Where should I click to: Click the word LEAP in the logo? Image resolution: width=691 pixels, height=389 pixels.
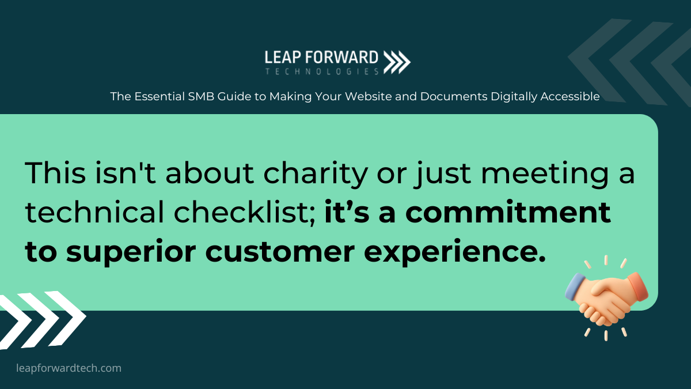pyautogui.click(x=283, y=58)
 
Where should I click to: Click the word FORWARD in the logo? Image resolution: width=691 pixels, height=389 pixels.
pyautogui.click(x=342, y=58)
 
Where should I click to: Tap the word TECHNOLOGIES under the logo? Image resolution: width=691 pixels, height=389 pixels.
pyautogui.click(x=322, y=71)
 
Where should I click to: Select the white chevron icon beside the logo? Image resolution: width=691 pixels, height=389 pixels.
pyautogui.click(x=397, y=62)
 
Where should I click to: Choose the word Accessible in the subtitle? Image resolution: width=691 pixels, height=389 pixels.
pyautogui.click(x=570, y=96)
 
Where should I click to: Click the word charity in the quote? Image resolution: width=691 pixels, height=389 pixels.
pyautogui.click(x=316, y=173)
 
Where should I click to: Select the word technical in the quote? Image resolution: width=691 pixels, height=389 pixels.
pyautogui.click(x=94, y=212)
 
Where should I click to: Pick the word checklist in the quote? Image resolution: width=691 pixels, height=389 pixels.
pyautogui.click(x=244, y=213)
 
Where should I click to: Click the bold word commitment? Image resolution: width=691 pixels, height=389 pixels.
pyautogui.click(x=508, y=213)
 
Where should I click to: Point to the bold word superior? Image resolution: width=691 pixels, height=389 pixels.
pyautogui.click(x=131, y=252)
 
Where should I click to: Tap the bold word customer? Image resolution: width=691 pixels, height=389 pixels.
pyautogui.click(x=280, y=252)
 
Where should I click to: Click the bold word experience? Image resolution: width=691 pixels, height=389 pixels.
pyautogui.click(x=455, y=252)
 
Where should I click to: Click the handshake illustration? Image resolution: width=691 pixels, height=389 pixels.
pyautogui.click(x=606, y=299)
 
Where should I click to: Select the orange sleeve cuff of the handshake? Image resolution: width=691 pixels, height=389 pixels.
pyautogui.click(x=638, y=286)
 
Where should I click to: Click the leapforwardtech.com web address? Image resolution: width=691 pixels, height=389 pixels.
pyautogui.click(x=69, y=368)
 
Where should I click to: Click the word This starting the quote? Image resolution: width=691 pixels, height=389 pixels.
pyautogui.click(x=55, y=173)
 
